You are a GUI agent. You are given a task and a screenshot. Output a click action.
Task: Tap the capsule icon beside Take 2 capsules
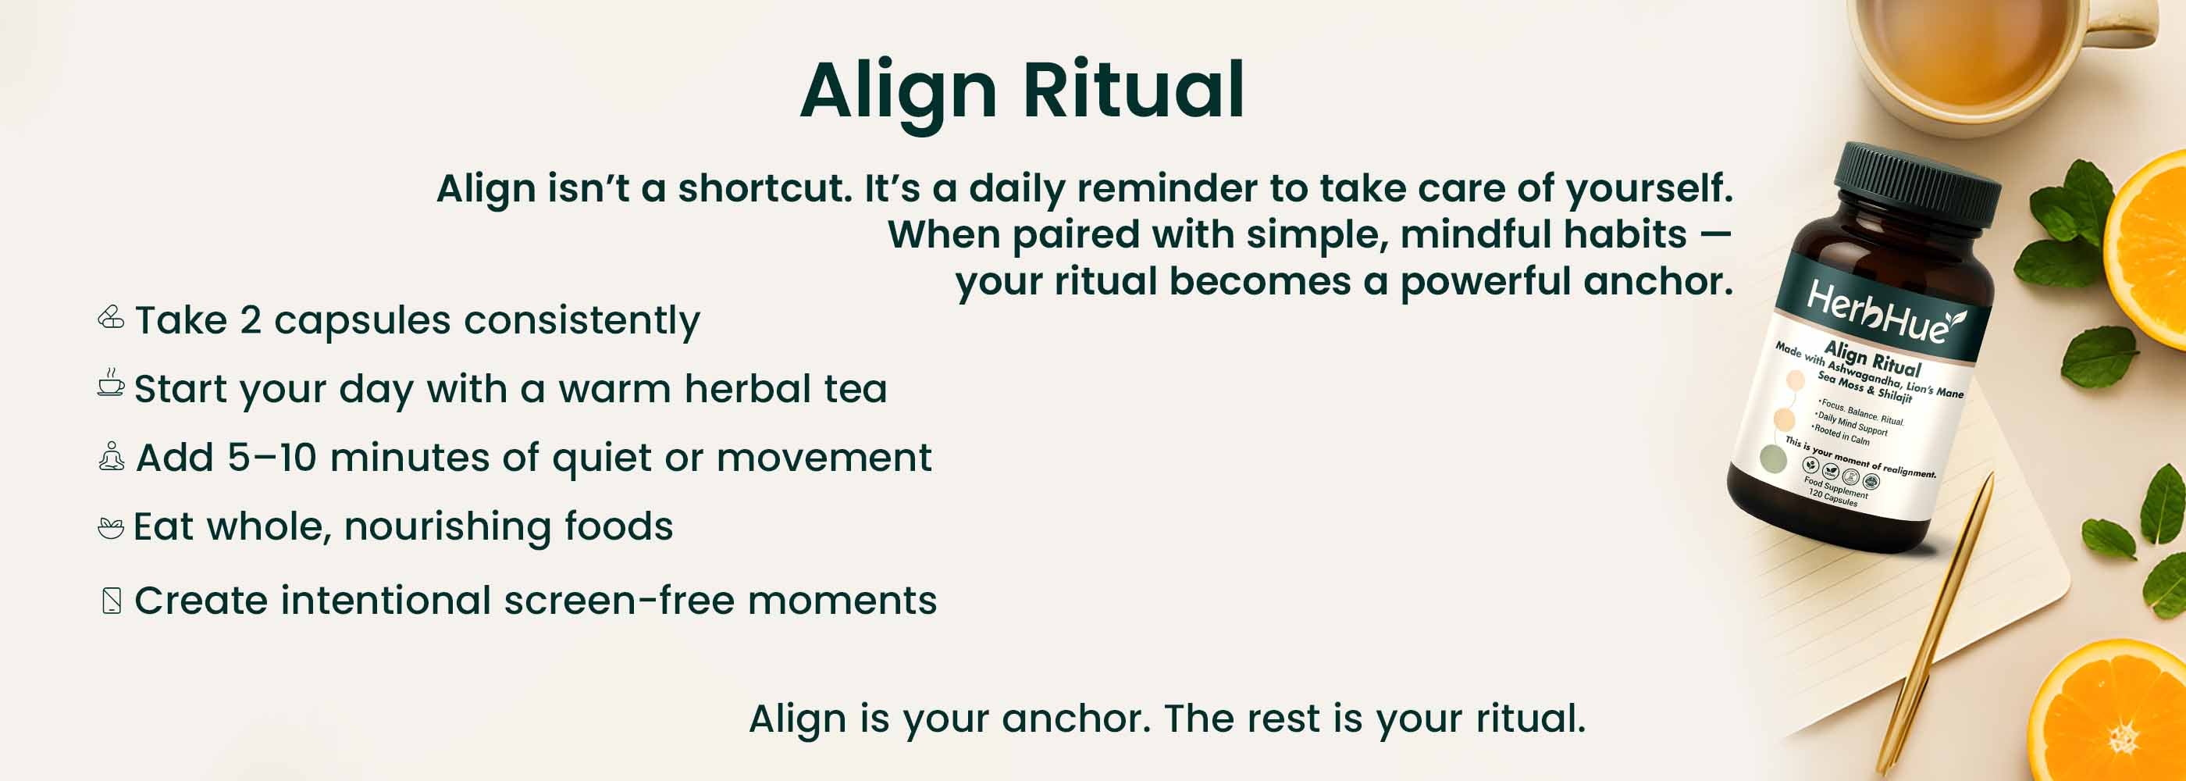(111, 318)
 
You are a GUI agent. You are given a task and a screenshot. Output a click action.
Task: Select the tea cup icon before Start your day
(110, 383)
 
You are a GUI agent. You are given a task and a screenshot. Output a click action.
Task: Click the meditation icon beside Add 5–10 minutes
(111, 456)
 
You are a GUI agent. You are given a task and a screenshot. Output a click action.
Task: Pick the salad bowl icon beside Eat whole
(110, 527)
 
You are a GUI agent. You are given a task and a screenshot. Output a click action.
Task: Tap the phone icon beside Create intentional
(111, 600)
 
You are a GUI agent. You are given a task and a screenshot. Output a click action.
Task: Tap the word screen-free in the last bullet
(618, 600)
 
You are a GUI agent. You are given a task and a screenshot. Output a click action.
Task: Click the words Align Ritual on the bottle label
(1872, 358)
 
